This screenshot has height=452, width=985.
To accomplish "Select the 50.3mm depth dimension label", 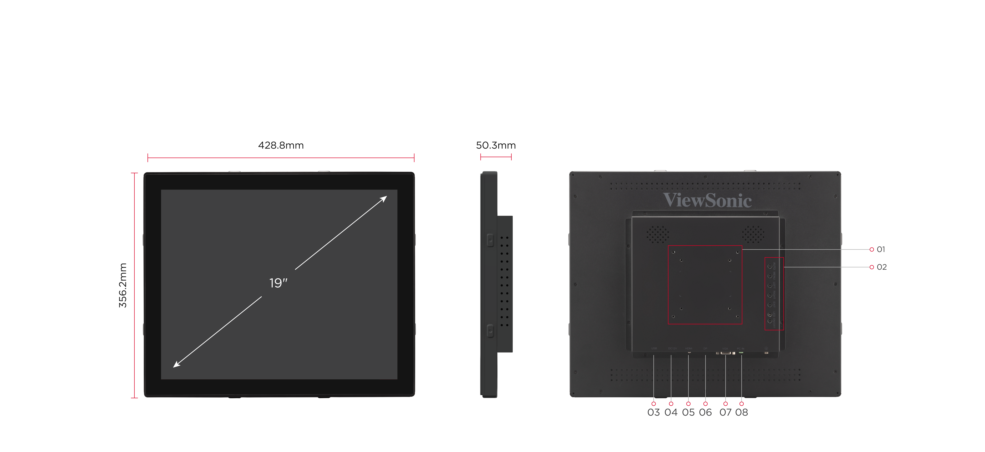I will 496,145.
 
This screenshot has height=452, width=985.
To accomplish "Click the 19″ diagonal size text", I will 278,283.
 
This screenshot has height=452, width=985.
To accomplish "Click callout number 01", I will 881,249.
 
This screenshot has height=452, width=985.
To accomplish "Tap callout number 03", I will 654,412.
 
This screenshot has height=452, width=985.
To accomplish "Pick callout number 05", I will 688,412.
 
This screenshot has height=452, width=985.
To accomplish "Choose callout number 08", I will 741,412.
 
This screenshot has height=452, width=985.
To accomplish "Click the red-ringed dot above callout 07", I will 725,404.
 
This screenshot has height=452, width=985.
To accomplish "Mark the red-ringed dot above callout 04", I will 671,404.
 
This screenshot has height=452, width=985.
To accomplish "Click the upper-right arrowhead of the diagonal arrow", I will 384,198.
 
